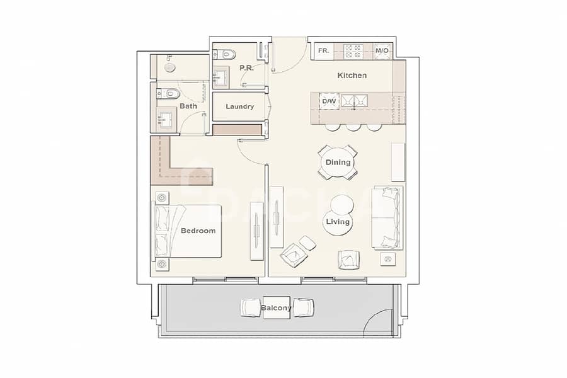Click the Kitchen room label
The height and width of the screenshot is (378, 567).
(352, 75)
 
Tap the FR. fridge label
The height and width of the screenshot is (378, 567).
(324, 50)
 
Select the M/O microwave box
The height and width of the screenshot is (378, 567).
(382, 50)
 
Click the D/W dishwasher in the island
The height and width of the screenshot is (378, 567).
(329, 101)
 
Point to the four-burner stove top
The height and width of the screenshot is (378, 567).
(353, 51)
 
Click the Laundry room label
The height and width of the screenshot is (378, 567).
(240, 106)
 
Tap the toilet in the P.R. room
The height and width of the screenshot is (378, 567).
(224, 55)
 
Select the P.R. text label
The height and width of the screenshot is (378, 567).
(246, 67)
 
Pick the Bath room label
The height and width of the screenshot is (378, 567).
(188, 106)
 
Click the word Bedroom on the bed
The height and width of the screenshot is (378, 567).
(198, 231)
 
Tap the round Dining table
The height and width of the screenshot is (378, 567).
(338, 163)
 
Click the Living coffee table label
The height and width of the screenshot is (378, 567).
(338, 221)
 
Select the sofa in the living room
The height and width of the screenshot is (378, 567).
(387, 218)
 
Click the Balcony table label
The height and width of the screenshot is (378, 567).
(277, 308)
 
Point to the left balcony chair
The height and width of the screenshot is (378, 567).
(251, 308)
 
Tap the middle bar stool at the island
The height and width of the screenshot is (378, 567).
(353, 127)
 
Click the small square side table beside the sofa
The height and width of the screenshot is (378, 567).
(387, 259)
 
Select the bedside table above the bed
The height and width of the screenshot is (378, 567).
(162, 198)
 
